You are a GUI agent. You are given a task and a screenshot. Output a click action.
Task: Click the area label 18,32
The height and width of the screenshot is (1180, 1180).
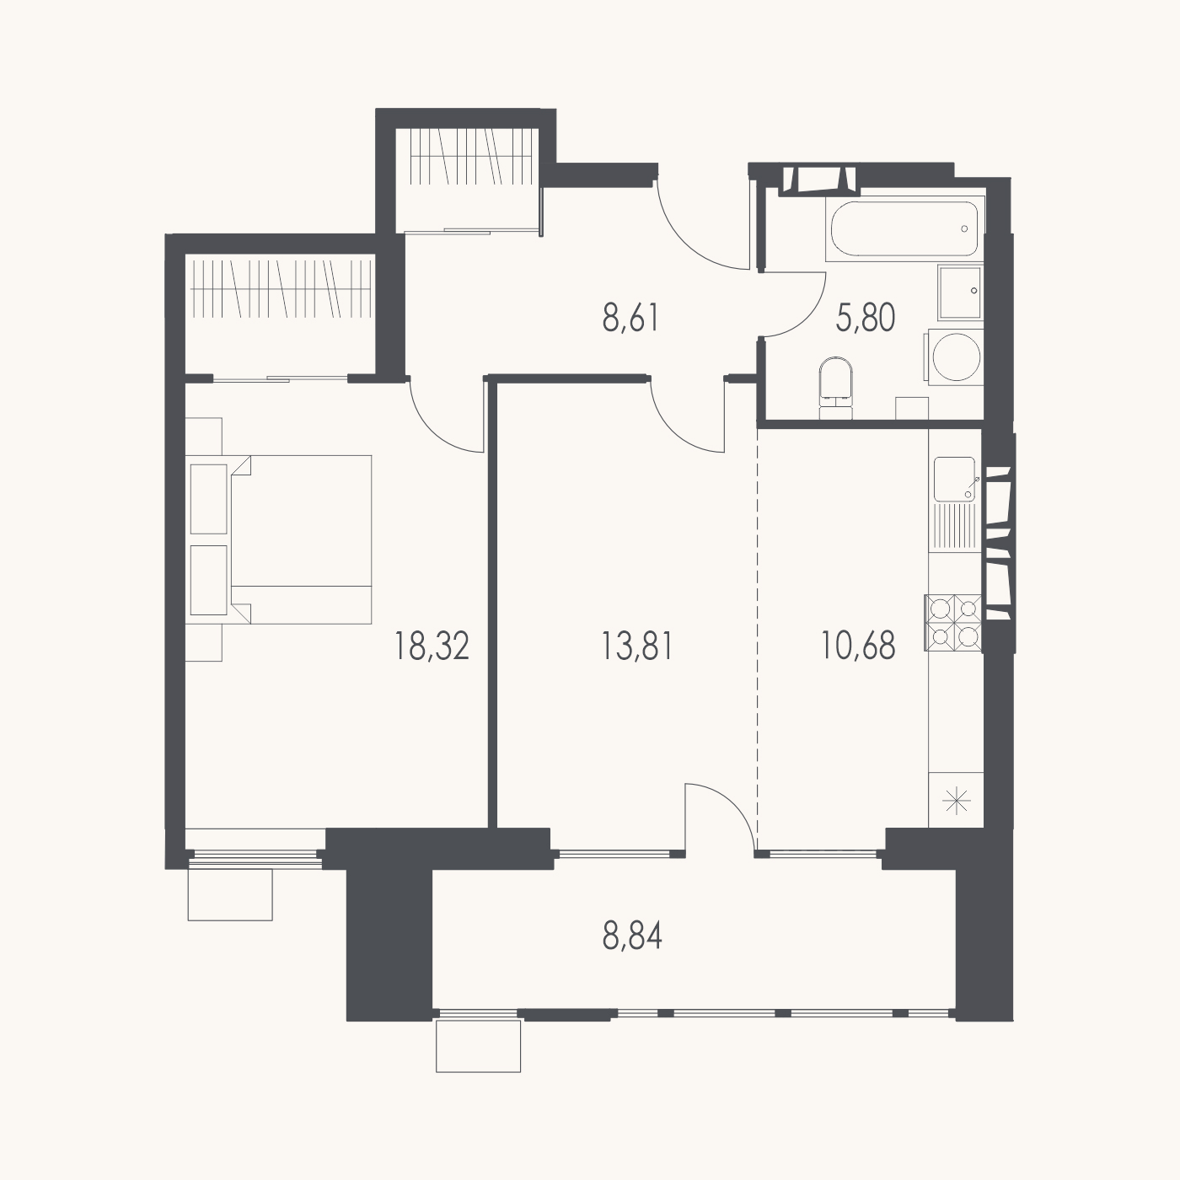(x=432, y=646)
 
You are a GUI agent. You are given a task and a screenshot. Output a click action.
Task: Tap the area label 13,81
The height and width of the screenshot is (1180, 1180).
(x=637, y=646)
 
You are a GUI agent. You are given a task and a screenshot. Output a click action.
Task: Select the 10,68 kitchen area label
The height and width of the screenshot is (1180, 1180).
(x=858, y=646)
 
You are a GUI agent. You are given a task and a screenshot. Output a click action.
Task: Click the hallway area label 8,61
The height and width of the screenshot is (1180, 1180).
(x=630, y=319)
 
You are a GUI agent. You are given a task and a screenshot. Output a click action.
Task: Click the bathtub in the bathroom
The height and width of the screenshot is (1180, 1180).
(x=904, y=228)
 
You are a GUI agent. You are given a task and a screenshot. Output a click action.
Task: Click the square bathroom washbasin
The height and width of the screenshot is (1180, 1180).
(x=960, y=292)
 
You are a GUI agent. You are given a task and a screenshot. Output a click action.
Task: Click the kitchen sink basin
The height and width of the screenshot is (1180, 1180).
(x=955, y=479)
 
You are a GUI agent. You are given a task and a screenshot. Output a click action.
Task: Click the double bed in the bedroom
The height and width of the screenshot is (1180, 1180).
(x=279, y=539)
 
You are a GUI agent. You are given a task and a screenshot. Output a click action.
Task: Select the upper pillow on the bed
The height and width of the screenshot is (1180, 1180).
(x=209, y=498)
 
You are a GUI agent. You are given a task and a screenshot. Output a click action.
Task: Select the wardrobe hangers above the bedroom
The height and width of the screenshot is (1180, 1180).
(x=281, y=287)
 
